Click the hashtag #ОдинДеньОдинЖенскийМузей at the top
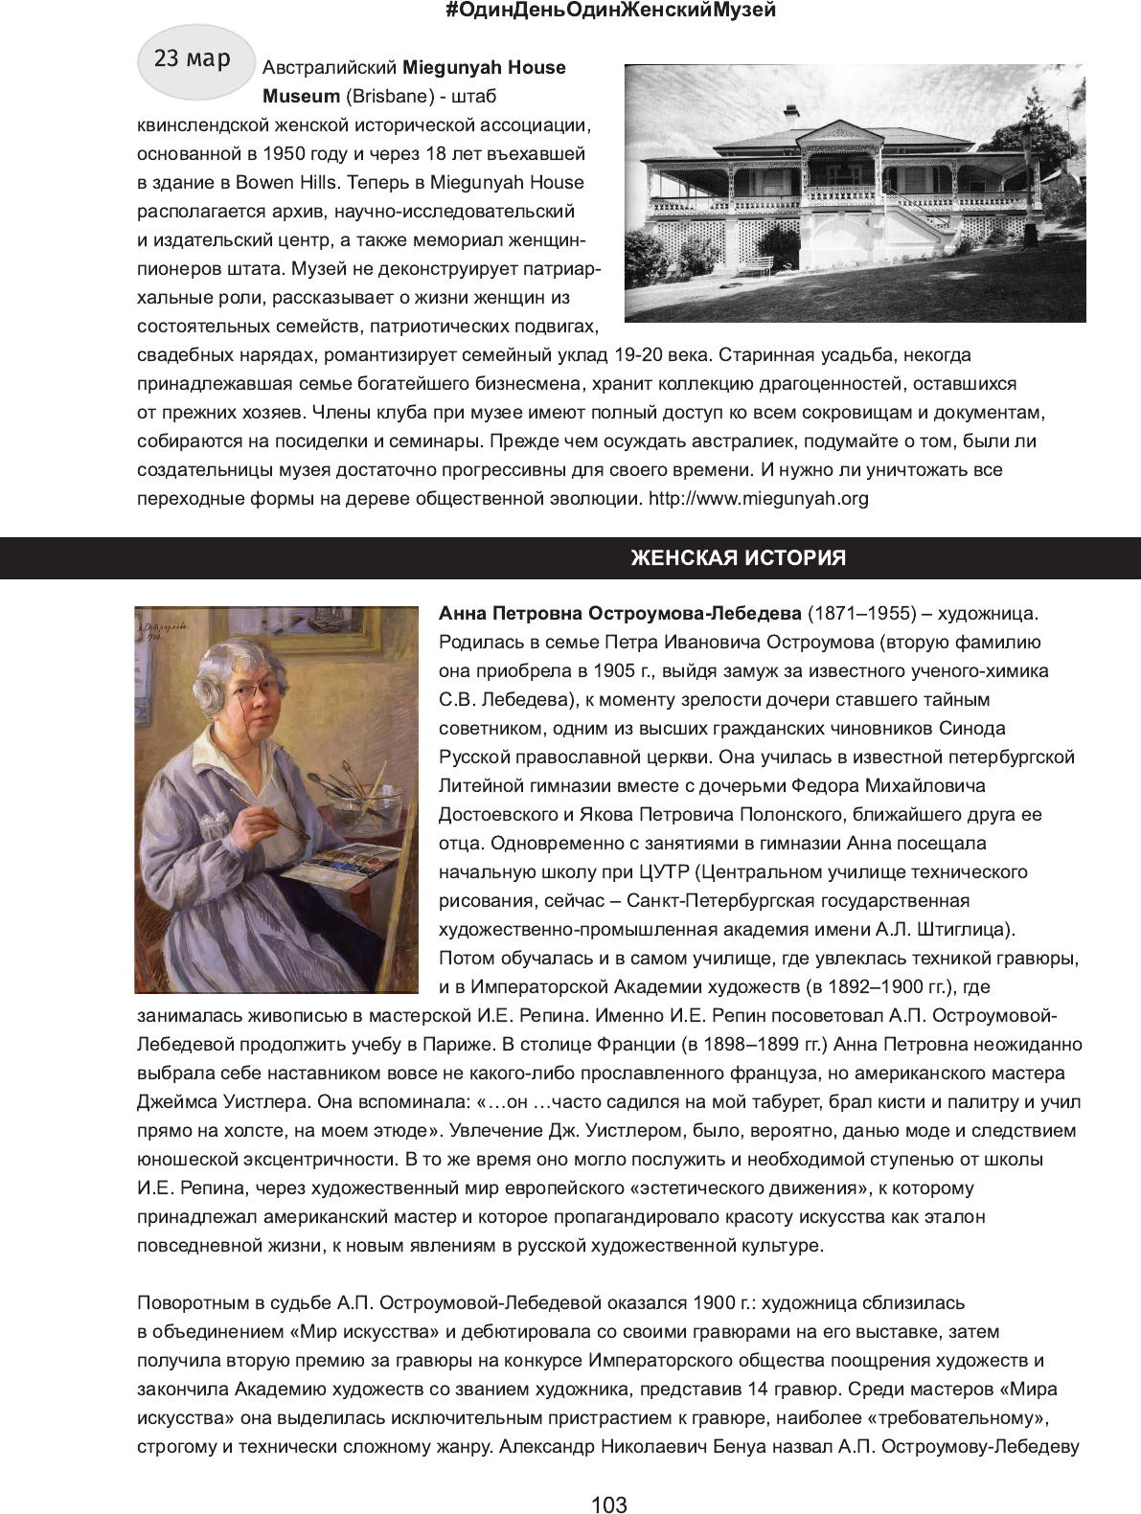pyautogui.click(x=611, y=11)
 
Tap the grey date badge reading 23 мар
pyautogui.click(x=195, y=60)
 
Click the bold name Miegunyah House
pyautogui.click(x=484, y=68)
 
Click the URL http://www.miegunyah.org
pyautogui.click(x=758, y=499)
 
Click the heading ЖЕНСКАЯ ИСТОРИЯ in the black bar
pyautogui.click(x=738, y=558)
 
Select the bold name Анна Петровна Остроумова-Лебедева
pyautogui.click(x=620, y=614)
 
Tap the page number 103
pyautogui.click(x=609, y=1505)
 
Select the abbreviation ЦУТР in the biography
pyautogui.click(x=666, y=872)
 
